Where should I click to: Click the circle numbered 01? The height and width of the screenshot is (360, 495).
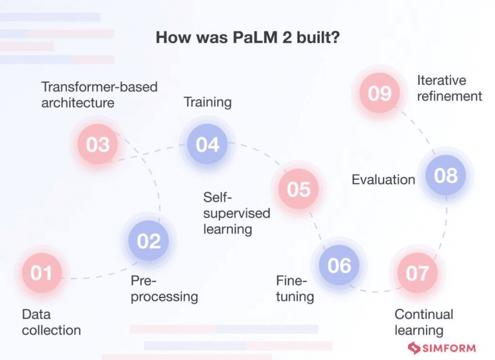tap(41, 273)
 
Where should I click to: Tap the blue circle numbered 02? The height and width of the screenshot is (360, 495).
tap(149, 241)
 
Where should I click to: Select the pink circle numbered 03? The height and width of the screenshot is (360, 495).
tap(98, 144)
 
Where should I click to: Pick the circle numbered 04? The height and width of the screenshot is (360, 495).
tap(208, 144)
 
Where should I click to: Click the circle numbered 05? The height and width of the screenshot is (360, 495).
tap(299, 189)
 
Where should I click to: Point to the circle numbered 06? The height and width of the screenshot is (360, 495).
tap(339, 265)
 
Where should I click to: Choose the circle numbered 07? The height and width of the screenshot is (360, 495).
tap(417, 273)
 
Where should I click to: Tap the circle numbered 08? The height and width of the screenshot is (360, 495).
tap(445, 175)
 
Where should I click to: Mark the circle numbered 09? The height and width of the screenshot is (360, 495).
tap(380, 93)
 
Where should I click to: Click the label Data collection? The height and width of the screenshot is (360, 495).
tap(51, 322)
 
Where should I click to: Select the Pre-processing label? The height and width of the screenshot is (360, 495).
tap(164, 289)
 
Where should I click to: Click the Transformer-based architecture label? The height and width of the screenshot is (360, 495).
tap(99, 94)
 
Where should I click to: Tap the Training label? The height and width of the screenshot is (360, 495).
tap(208, 102)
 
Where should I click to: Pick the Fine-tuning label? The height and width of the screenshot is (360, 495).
tap(295, 289)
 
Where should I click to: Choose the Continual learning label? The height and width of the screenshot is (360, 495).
tap(423, 322)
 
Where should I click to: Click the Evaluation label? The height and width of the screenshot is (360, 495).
tap(383, 180)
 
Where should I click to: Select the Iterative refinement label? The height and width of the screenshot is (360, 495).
tap(449, 88)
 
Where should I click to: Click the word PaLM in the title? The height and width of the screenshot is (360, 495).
tap(251, 38)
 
